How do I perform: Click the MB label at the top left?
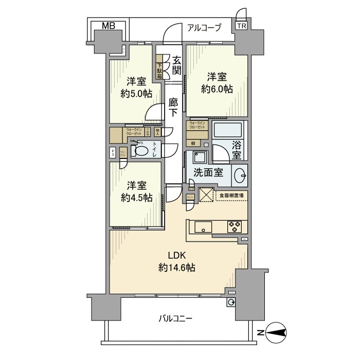point(108,26)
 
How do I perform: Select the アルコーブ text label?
point(204,28)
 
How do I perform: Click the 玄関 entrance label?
point(176,65)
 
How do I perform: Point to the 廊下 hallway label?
point(174,107)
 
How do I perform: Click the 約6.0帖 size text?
point(217,88)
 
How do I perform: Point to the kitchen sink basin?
point(202,226)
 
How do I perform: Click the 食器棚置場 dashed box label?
point(230,195)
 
